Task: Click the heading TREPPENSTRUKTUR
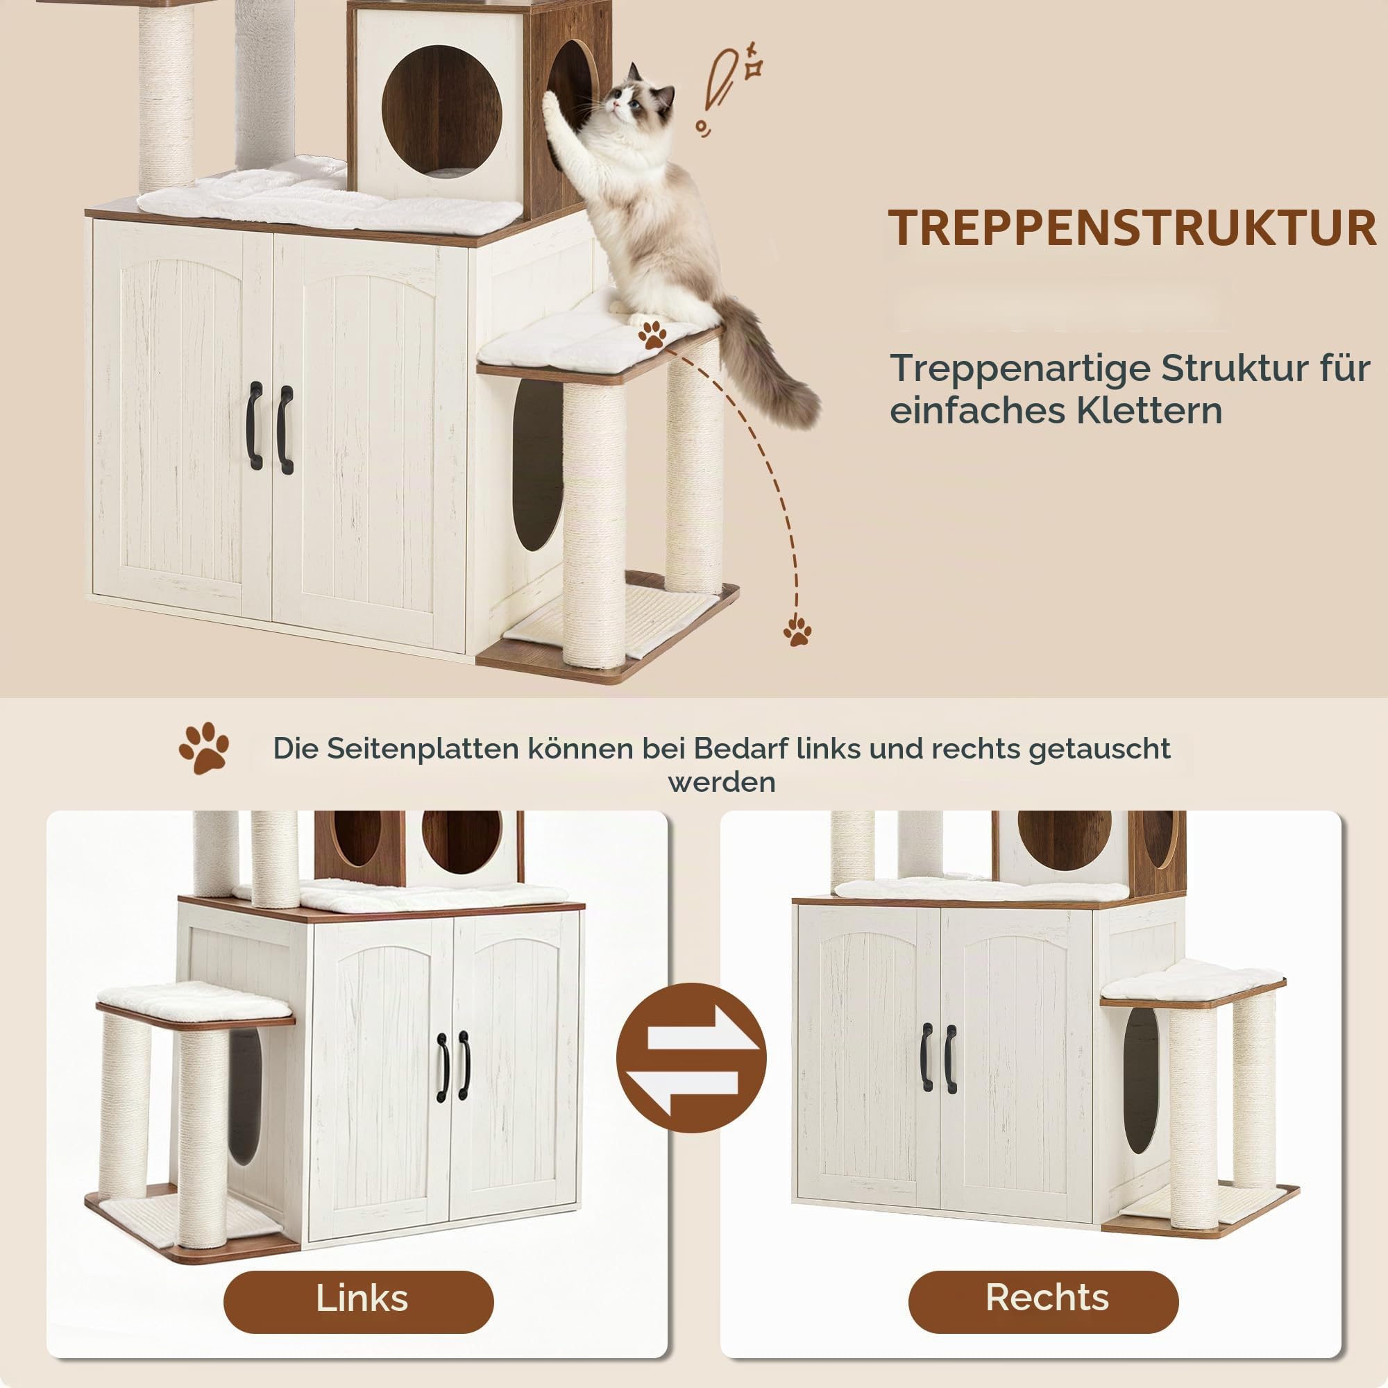[1132, 228]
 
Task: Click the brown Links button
[359, 1298]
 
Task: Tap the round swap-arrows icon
[692, 1058]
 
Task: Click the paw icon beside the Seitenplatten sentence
[204, 748]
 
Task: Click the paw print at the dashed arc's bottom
[797, 630]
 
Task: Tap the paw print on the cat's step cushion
[652, 334]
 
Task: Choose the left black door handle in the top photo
[255, 426]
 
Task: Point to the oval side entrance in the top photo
[538, 465]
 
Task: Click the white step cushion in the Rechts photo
[1193, 979]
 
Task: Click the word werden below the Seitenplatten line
[721, 782]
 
